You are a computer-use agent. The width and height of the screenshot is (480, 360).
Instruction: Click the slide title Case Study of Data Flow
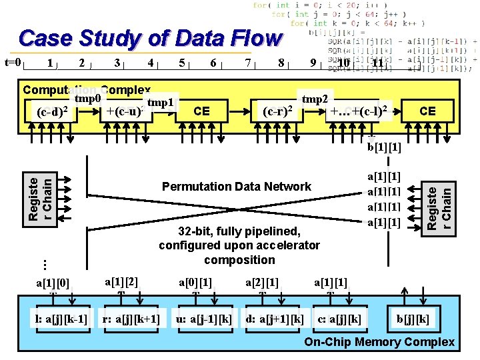150,39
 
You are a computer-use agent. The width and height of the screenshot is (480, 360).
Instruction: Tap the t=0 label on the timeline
14,63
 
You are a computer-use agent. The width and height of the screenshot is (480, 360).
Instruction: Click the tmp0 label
87,99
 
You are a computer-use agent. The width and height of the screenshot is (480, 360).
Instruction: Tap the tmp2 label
315,99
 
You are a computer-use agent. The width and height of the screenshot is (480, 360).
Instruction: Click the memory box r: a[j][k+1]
131,319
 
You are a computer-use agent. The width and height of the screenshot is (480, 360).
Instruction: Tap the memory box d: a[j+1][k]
274,319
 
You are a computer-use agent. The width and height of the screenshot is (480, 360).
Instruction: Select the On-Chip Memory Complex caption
379,343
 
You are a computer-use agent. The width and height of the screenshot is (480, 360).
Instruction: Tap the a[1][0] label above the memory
53,283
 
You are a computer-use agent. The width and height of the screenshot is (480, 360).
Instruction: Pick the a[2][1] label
262,283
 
